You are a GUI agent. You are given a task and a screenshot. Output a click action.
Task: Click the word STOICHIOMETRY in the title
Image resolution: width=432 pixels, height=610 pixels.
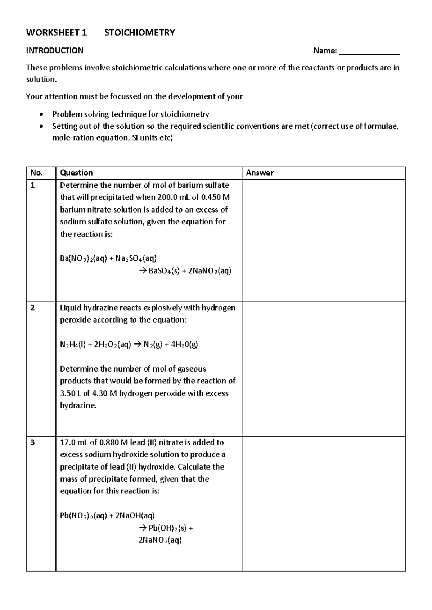tap(139, 33)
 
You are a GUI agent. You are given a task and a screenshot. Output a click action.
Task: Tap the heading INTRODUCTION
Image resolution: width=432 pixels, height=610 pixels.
tap(55, 50)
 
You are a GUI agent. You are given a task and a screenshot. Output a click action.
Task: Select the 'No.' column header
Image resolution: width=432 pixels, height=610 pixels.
tap(36, 173)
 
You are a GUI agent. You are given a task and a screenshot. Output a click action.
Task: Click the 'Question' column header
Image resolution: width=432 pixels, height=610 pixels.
tap(76, 173)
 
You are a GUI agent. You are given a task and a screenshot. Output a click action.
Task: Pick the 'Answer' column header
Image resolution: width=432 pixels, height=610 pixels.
tap(260, 173)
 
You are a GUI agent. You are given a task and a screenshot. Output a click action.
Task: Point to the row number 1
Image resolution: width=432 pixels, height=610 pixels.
tap(33, 185)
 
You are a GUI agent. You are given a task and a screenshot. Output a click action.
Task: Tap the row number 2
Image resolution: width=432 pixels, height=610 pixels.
tap(33, 308)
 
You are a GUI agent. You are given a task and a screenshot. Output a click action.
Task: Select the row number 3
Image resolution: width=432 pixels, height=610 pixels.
tap(33, 442)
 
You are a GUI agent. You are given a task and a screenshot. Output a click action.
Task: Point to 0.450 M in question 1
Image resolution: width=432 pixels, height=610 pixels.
tap(216, 197)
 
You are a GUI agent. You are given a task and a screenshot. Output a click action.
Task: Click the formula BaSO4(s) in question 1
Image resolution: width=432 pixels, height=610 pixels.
tap(164, 271)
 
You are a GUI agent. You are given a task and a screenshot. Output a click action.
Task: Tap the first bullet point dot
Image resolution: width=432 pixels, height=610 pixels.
tap(42, 115)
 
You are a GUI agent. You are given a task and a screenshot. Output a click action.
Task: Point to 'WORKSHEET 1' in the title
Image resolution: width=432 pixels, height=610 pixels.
tap(57, 33)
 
